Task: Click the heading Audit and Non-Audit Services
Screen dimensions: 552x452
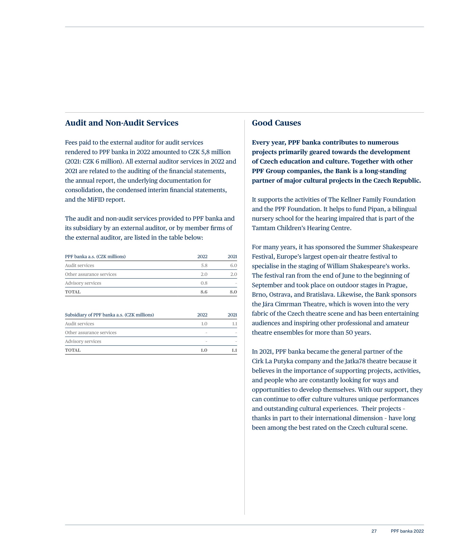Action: pyautogui.click(x=122, y=123)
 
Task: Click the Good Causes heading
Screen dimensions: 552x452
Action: pyautogui.click(x=276, y=123)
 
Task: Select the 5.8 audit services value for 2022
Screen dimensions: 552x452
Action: pyautogui.click(x=204, y=265)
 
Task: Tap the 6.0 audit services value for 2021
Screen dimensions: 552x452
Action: pyautogui.click(x=234, y=265)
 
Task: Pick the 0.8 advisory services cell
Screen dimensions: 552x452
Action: pyautogui.click(x=204, y=283)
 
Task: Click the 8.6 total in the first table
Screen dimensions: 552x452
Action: pyautogui.click(x=204, y=292)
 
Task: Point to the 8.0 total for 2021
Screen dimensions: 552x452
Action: pyautogui.click(x=233, y=292)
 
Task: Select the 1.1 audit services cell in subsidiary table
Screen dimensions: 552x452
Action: pyautogui.click(x=235, y=324)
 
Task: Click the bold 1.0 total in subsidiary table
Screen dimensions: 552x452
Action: pyautogui.click(x=204, y=350)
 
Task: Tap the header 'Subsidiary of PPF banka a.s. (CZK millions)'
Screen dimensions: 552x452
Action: pyautogui.click(x=109, y=315)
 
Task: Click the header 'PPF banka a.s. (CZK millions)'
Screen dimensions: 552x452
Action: pyautogui.click(x=95, y=257)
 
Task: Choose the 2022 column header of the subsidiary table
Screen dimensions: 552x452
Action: pyautogui.click(x=202, y=315)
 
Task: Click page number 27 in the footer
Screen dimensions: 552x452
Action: pyautogui.click(x=374, y=531)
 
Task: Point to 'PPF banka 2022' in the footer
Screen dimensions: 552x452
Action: pyautogui.click(x=407, y=531)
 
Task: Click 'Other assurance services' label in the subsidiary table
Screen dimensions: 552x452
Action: pyautogui.click(x=91, y=333)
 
